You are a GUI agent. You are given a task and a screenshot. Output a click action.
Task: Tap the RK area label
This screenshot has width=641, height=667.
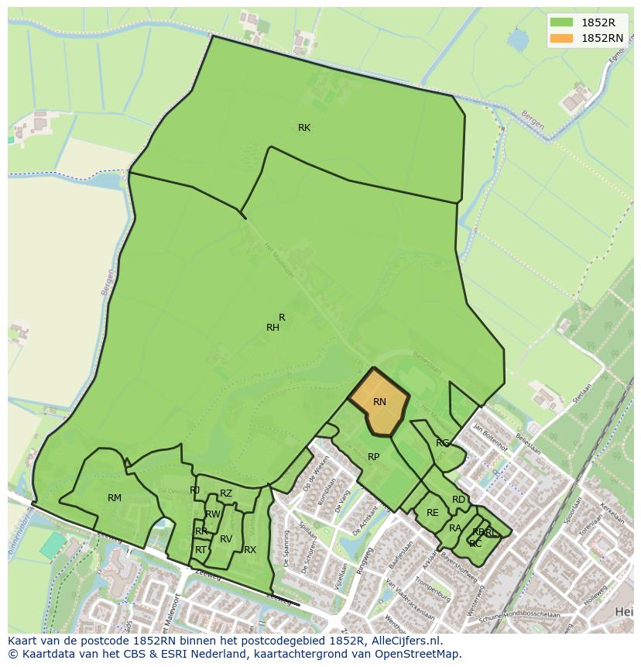[304, 128]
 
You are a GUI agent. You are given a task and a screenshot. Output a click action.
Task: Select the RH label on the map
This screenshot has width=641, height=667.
[273, 328]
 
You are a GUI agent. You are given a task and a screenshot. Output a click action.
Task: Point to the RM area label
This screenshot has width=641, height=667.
[115, 498]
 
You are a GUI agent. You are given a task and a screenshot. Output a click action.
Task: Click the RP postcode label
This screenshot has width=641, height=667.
[374, 457]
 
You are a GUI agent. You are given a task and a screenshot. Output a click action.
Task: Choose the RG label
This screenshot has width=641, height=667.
[442, 443]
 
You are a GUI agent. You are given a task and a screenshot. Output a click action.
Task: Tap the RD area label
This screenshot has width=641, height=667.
[459, 500]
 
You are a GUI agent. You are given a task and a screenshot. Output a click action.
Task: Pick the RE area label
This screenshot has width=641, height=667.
[433, 513]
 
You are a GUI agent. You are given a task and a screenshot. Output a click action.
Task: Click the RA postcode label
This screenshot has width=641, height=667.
[455, 528]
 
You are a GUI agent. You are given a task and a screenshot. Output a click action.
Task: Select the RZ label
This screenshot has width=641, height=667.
[226, 493]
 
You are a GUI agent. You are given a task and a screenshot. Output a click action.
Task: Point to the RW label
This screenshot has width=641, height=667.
[213, 514]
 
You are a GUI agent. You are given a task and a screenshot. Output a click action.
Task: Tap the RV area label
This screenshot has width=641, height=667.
[226, 539]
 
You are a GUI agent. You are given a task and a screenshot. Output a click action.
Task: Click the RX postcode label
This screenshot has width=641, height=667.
[250, 550]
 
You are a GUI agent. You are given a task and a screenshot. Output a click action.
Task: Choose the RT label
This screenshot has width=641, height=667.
[201, 550]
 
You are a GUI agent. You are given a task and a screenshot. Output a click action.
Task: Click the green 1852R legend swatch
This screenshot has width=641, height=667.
[562, 22]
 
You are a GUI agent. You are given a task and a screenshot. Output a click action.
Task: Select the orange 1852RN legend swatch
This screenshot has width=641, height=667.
[562, 38]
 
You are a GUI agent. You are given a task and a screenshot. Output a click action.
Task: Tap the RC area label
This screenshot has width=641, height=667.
[475, 544]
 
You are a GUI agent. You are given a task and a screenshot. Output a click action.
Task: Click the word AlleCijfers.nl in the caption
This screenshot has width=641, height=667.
[404, 641]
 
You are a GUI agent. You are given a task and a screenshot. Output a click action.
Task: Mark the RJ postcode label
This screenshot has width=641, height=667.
[194, 490]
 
